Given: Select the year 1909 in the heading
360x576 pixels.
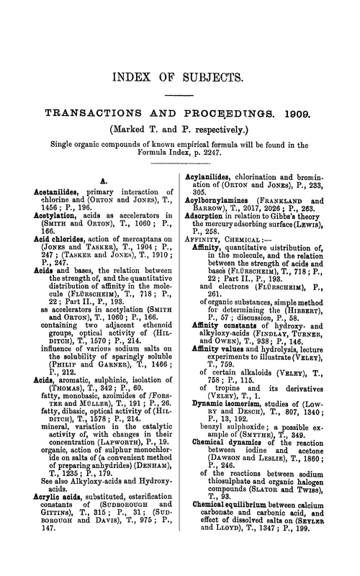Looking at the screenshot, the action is pos(308,114).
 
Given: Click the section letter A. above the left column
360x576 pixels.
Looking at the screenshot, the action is pos(103,180).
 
